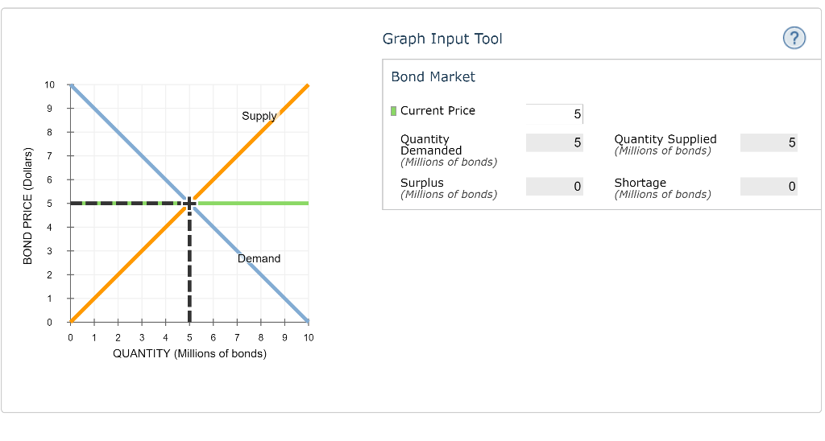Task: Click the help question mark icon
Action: point(794,38)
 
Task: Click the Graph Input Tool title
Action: point(442,39)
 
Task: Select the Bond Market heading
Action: point(433,76)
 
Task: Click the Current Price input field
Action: point(554,114)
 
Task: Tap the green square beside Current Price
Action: point(393,111)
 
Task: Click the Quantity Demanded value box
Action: point(554,142)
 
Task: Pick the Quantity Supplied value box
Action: point(769,142)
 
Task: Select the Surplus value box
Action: point(554,186)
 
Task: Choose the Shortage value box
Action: point(769,186)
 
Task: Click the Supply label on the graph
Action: point(259,116)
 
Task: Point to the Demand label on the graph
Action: point(259,258)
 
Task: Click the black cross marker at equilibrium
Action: point(189,203)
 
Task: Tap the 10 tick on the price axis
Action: point(50,84)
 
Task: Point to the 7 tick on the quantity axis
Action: point(237,337)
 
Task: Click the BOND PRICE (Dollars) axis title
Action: point(27,206)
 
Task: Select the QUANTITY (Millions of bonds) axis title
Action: point(189,353)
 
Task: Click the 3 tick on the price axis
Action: point(50,251)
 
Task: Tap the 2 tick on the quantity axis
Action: point(118,337)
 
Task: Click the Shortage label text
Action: point(640,183)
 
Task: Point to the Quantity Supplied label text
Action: point(665,139)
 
